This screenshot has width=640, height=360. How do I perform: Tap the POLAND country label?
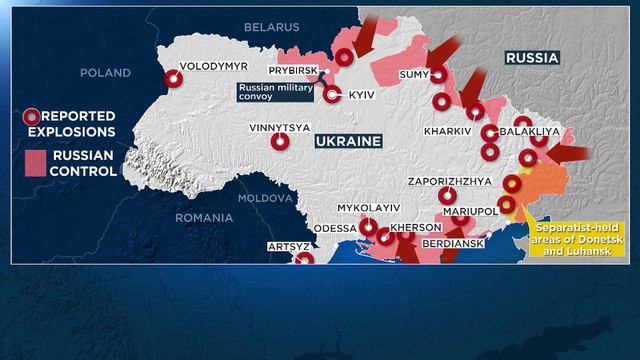pyautogui.click(x=105, y=73)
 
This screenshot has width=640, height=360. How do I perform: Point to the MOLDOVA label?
pyautogui.click(x=263, y=198)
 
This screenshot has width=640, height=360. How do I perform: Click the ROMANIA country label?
pyautogui.click(x=204, y=217)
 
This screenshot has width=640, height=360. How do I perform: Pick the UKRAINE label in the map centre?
pyautogui.click(x=348, y=142)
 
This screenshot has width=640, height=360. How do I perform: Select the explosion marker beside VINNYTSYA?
pyautogui.click(x=281, y=142)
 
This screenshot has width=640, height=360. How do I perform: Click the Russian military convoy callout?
pyautogui.click(x=275, y=93)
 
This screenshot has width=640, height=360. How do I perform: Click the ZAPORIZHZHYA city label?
pyautogui.click(x=450, y=181)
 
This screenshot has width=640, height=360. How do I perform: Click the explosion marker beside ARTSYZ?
pyautogui.click(x=305, y=259)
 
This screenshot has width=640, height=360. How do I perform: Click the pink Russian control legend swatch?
pyautogui.click(x=35, y=163)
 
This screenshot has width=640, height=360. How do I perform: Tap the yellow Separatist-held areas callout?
pyautogui.click(x=566, y=238)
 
